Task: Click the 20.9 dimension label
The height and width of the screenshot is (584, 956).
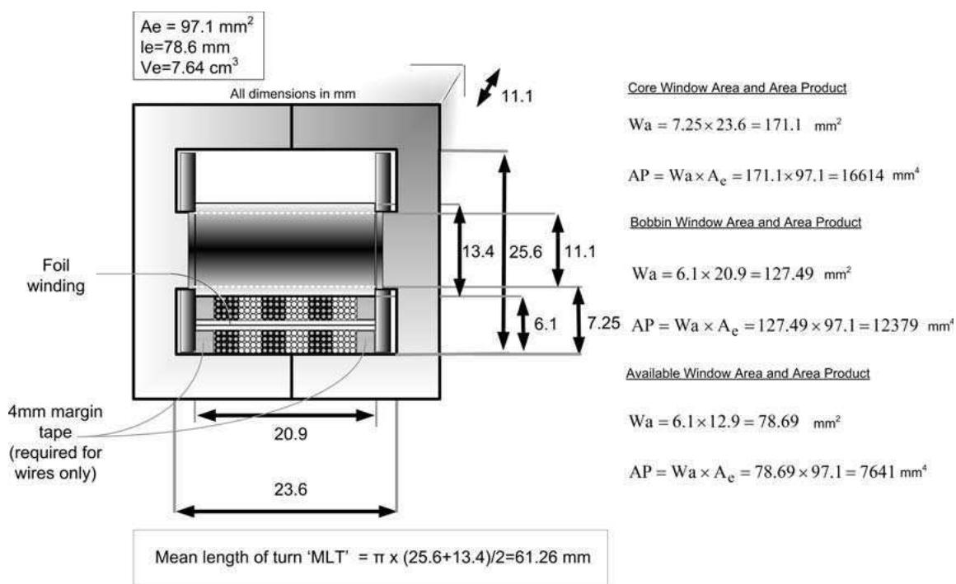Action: click(x=290, y=434)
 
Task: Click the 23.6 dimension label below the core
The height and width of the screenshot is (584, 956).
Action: click(x=290, y=489)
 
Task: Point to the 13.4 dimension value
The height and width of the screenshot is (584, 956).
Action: click(x=477, y=251)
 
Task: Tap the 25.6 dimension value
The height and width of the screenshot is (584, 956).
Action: click(x=526, y=251)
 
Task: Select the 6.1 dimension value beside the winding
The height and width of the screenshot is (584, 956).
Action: click(x=546, y=324)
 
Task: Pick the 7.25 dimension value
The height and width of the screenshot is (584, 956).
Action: click(x=603, y=323)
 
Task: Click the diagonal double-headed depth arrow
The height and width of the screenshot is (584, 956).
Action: click(x=489, y=87)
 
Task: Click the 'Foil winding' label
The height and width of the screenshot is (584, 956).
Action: click(x=55, y=276)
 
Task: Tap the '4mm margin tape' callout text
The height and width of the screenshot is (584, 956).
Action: click(x=55, y=422)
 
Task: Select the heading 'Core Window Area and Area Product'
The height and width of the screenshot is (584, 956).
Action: click(x=737, y=88)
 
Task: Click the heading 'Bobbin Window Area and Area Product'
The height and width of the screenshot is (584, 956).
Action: click(x=746, y=222)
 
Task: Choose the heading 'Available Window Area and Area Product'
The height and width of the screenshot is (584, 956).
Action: click(x=747, y=373)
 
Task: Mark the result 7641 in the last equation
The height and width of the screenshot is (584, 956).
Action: click(x=878, y=472)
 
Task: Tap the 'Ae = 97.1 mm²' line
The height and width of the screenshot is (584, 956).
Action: click(x=197, y=26)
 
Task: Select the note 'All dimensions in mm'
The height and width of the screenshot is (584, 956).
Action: click(x=293, y=94)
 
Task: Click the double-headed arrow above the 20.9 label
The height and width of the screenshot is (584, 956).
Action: click(x=286, y=416)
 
